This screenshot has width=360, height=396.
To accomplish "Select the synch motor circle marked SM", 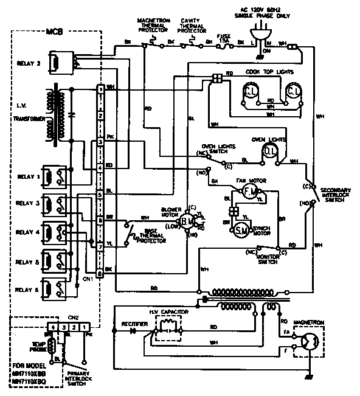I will click(240, 229).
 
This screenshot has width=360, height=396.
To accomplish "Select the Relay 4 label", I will click(28, 232).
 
